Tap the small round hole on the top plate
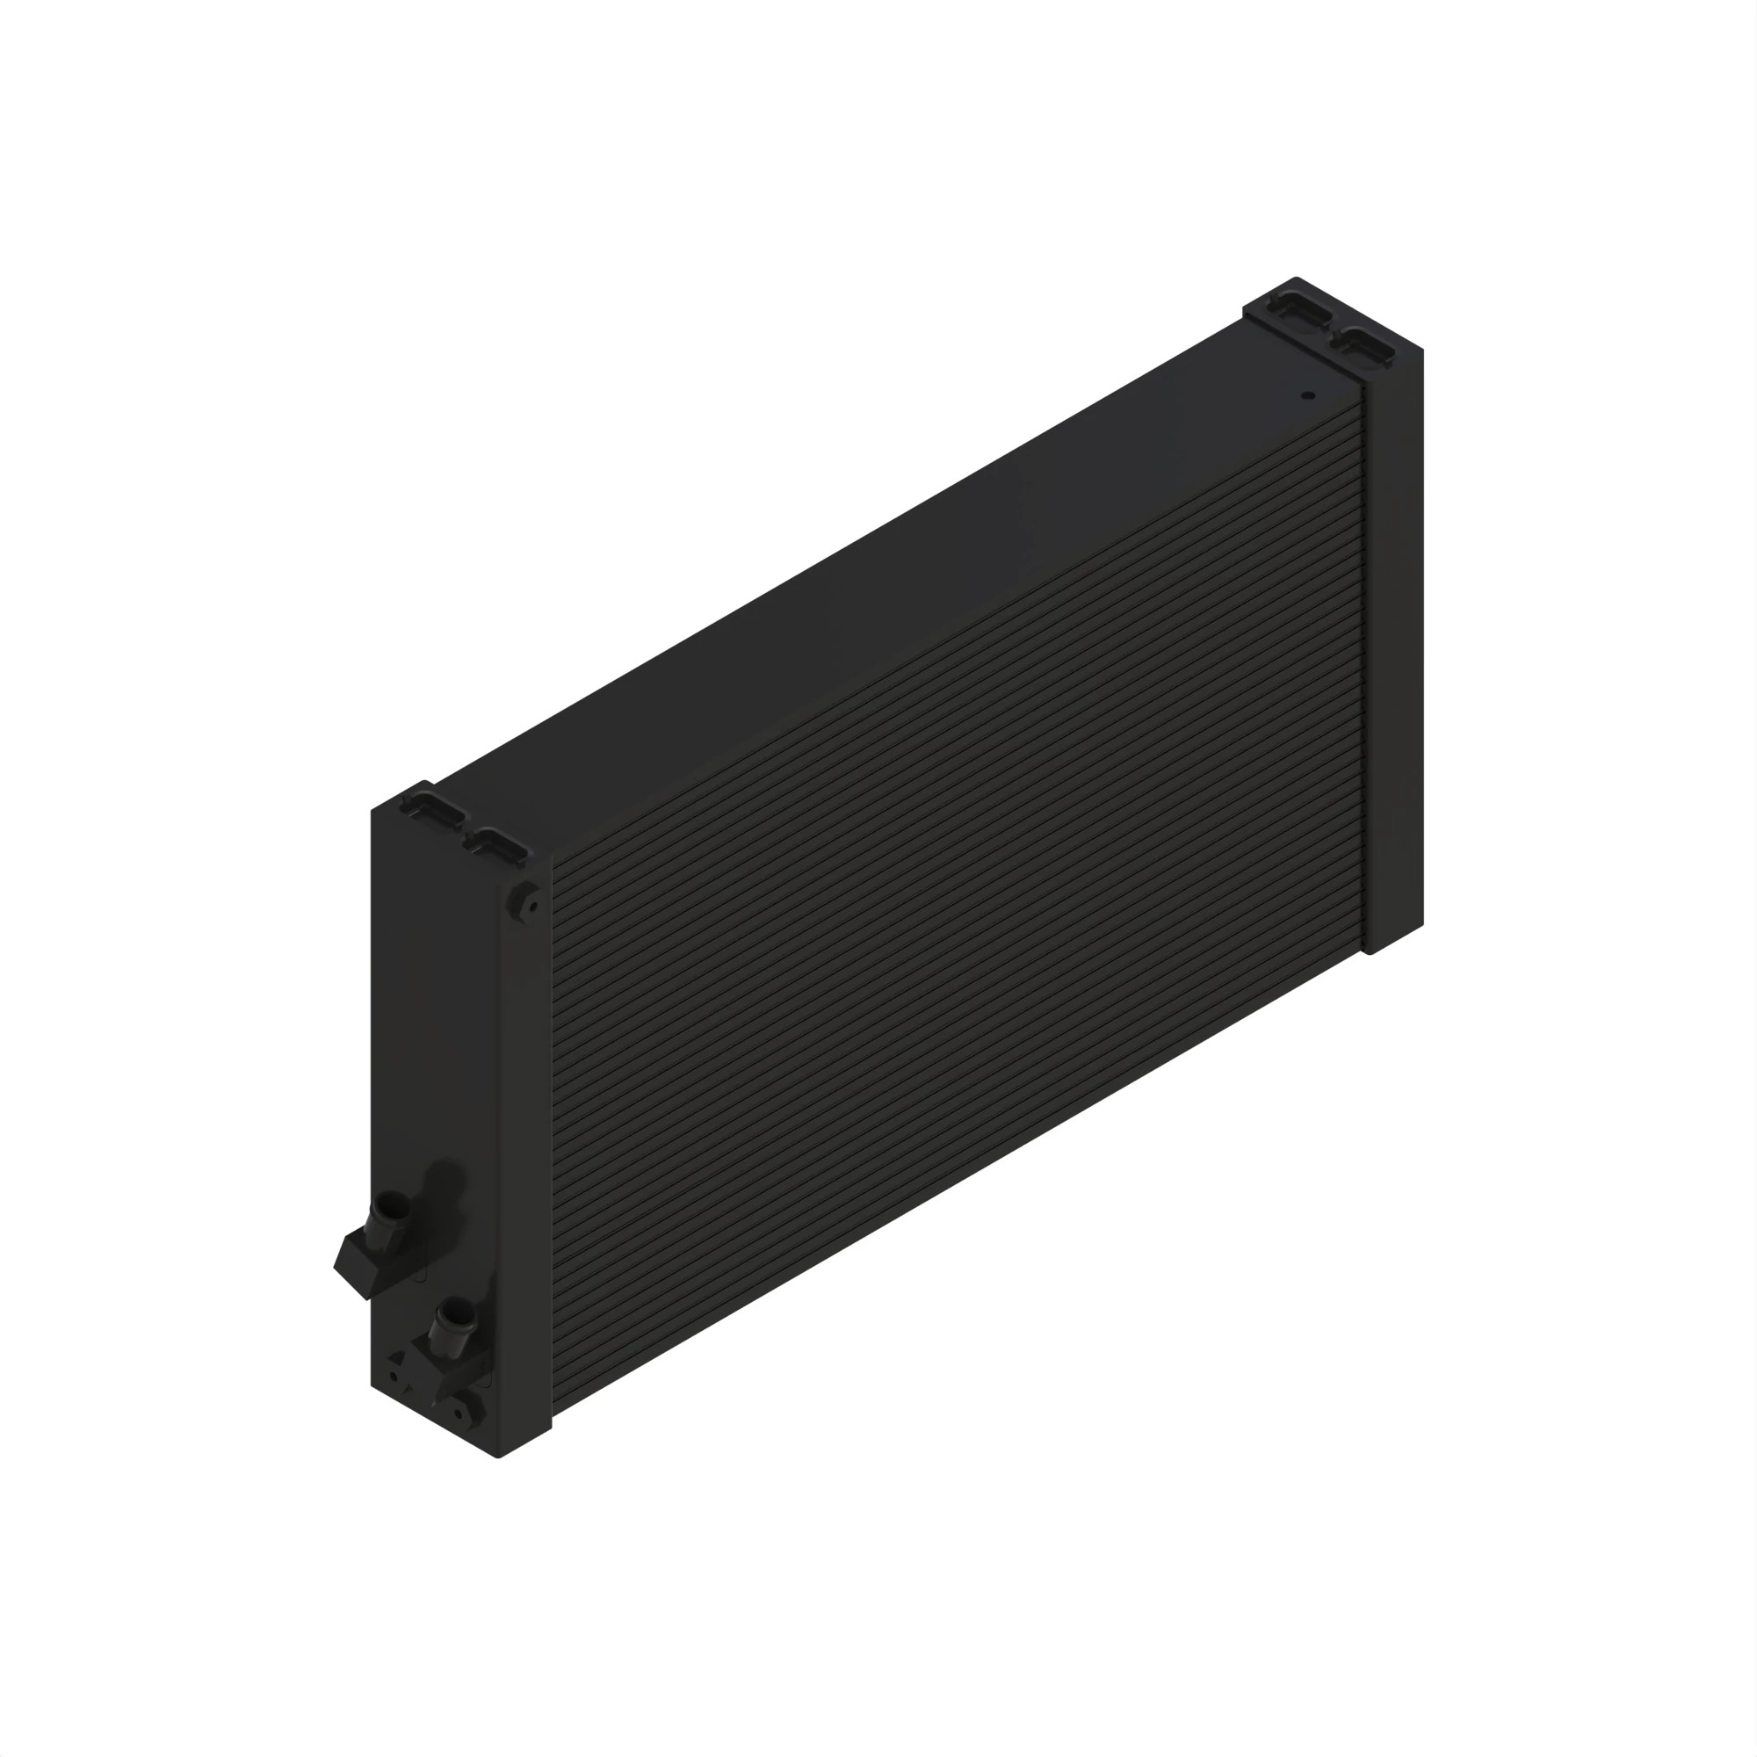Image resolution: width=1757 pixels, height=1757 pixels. tap(1308, 395)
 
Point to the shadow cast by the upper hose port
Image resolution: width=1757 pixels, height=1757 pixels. tap(445, 1182)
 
